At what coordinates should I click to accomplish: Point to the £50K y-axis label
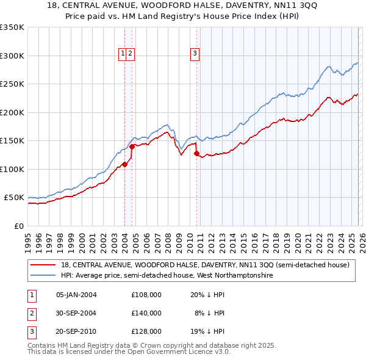[13, 198]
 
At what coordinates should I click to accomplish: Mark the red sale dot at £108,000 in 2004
[124, 164]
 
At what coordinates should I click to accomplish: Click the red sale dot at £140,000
[132, 146]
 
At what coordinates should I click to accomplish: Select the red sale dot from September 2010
[196, 153]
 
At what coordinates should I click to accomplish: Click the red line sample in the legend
[44, 265]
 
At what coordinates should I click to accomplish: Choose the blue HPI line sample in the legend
[44, 276]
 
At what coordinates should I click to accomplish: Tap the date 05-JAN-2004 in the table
[76, 294]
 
